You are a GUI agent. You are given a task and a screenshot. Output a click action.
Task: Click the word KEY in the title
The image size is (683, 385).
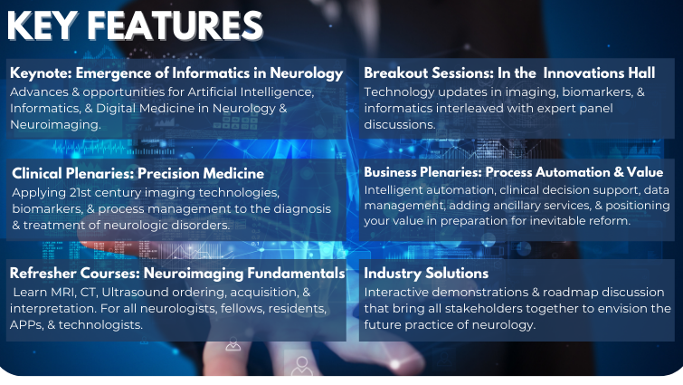(x=43, y=25)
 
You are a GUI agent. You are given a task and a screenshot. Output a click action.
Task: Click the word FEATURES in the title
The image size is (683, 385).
(x=175, y=25)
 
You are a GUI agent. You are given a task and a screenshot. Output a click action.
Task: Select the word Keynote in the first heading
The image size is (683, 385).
(x=41, y=73)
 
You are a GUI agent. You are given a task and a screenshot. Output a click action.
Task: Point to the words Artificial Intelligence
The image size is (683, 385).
(x=251, y=92)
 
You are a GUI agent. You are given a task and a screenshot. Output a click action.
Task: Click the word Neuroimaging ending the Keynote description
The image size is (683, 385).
(x=55, y=125)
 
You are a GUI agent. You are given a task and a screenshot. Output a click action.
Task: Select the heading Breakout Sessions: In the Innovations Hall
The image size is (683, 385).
(x=509, y=72)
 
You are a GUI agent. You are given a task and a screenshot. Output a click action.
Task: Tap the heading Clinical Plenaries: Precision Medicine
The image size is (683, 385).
(x=138, y=174)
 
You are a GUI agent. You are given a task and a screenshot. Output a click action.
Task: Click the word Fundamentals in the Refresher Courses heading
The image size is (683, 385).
(x=296, y=274)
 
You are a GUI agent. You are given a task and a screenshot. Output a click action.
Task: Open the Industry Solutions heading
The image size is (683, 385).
(x=426, y=274)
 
